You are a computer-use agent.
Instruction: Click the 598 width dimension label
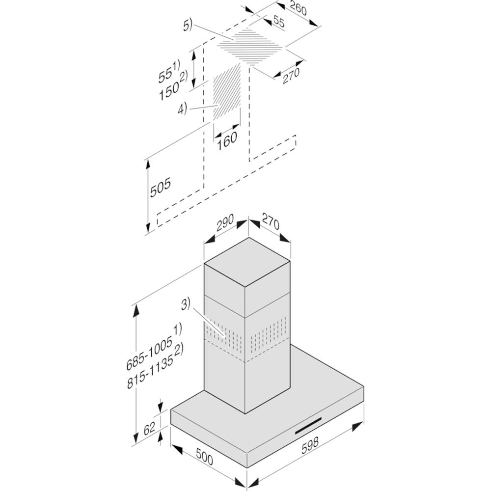310,445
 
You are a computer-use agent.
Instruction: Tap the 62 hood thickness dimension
149,428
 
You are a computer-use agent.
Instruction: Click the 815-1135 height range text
150,373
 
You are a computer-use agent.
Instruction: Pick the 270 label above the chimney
270,221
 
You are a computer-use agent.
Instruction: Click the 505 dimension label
161,187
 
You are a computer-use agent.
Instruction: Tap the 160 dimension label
227,140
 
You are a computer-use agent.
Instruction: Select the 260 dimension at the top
298,8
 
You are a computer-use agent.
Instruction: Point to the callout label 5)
189,26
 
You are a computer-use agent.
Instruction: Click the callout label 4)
183,109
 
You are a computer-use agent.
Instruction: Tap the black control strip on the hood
308,426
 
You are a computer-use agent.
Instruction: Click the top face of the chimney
247,262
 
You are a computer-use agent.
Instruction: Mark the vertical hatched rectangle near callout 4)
227,93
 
